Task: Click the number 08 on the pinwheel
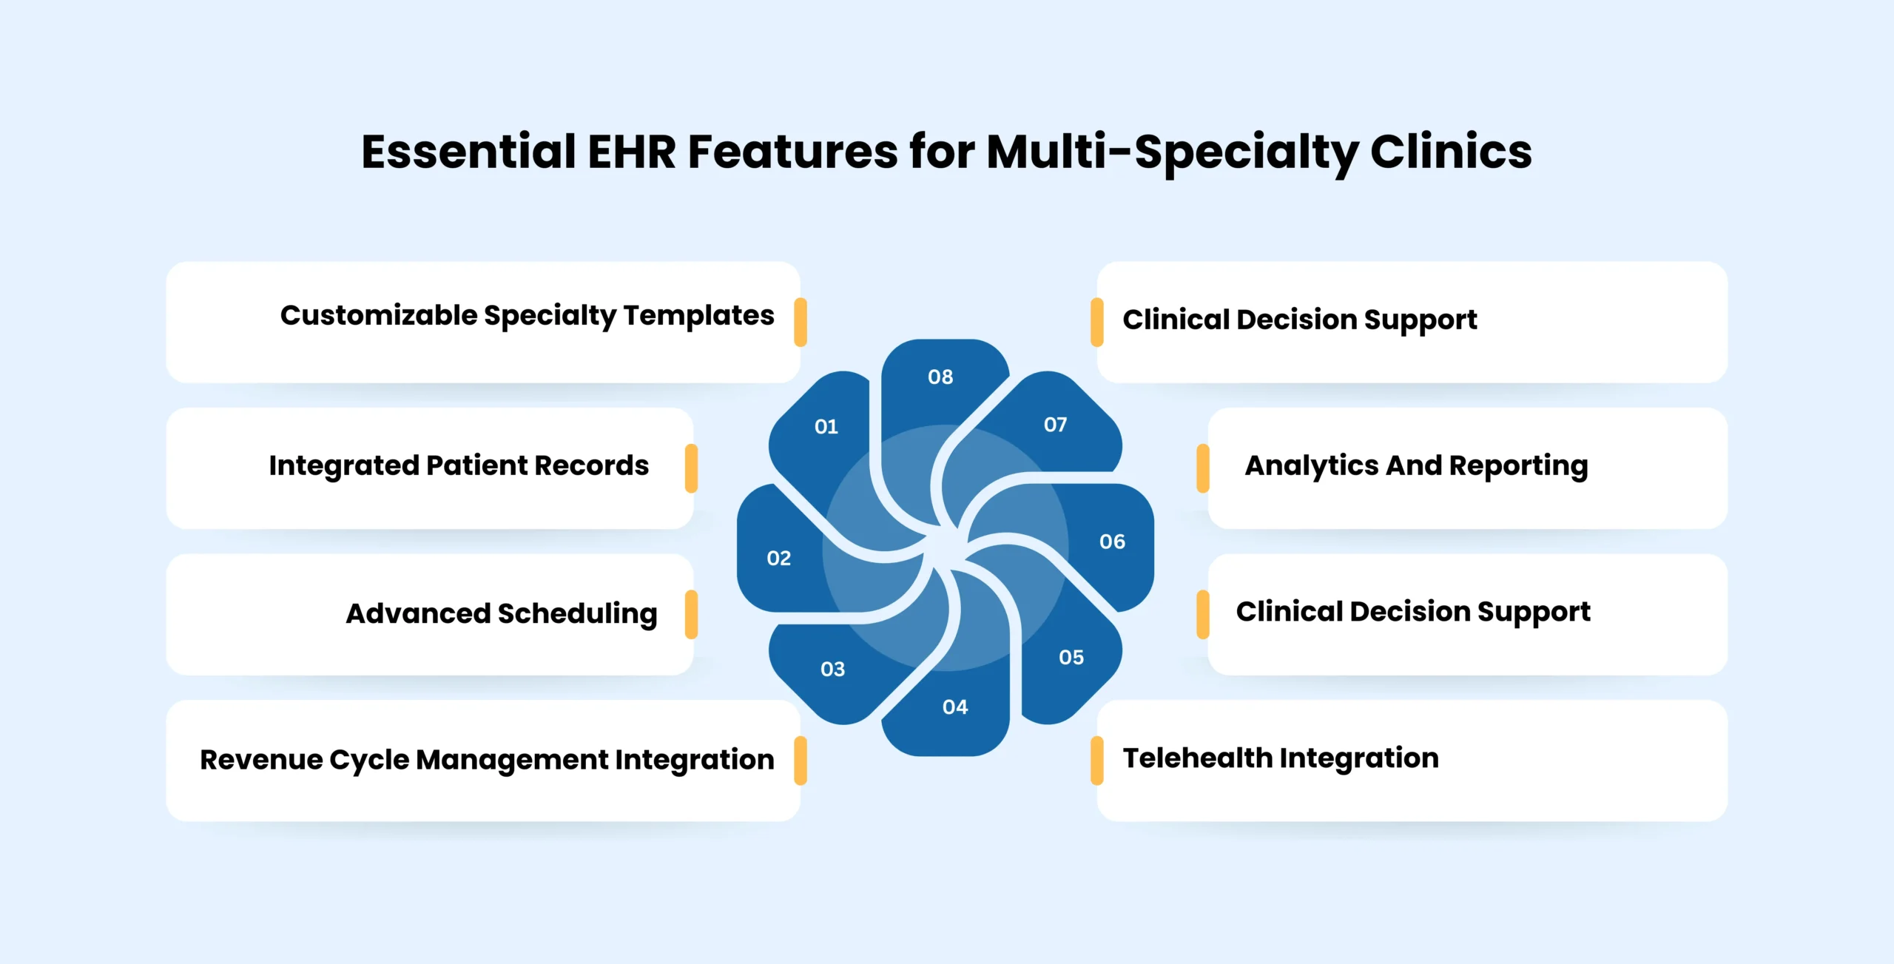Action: click(940, 377)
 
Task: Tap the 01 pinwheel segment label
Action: click(826, 427)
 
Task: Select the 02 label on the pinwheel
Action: click(778, 559)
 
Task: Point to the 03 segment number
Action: click(832, 670)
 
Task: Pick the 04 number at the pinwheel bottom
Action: click(954, 707)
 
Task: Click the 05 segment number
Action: click(1071, 658)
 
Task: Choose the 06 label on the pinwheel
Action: click(1112, 542)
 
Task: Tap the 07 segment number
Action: click(1055, 425)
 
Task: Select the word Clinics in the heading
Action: click(1450, 152)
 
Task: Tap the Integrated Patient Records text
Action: click(459, 466)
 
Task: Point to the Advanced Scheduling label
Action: click(501, 614)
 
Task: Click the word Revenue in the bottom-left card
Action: click(261, 760)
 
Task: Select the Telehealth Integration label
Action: click(1280, 758)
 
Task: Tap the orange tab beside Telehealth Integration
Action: click(1096, 761)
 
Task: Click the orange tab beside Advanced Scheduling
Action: click(691, 614)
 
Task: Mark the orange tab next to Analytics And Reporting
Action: click(1203, 468)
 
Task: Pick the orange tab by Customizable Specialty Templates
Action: click(800, 322)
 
